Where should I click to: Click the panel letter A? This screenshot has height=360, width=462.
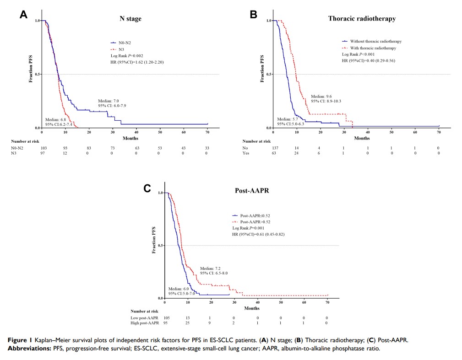[x=24, y=14]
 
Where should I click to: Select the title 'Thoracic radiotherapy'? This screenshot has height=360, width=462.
[x=362, y=19]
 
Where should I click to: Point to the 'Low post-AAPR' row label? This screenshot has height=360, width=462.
[x=143, y=317]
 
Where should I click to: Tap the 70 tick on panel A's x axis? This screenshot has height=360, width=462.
[x=207, y=132]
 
